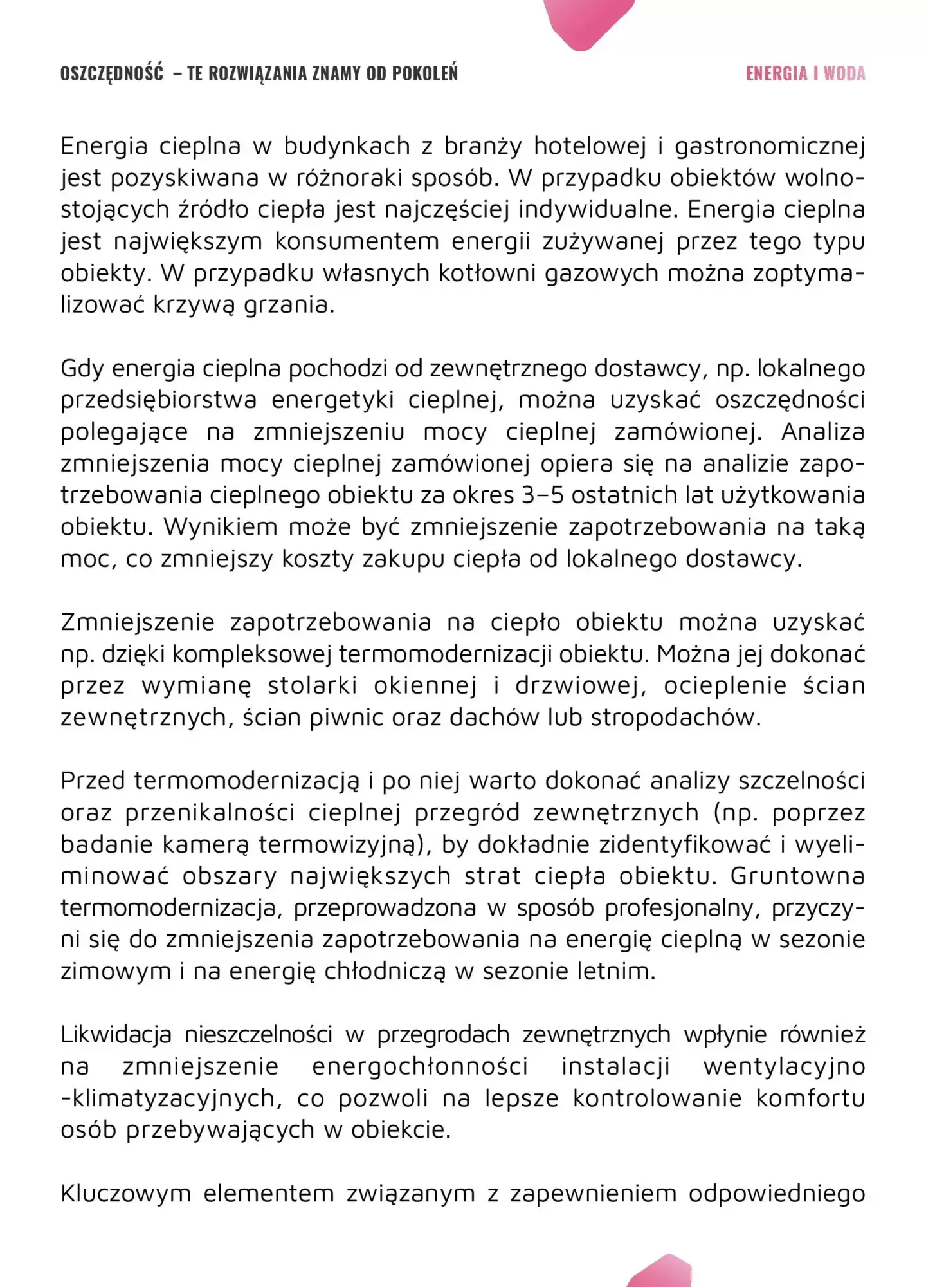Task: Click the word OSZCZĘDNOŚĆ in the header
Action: point(111,73)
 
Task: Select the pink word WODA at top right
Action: point(844,73)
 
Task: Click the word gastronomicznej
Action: point(769,147)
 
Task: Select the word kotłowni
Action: point(487,273)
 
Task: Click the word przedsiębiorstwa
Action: point(158,400)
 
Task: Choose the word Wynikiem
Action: point(219,527)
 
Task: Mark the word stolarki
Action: point(312,686)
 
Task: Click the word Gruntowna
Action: point(797,876)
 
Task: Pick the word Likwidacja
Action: point(116,1035)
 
